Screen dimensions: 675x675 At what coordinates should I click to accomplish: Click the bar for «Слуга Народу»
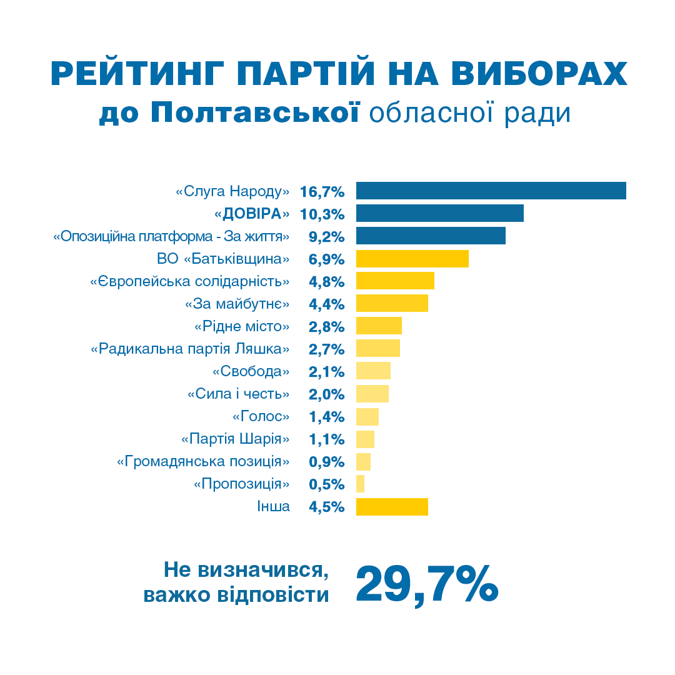(491, 191)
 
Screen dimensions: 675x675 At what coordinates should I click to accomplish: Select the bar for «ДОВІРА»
(439, 213)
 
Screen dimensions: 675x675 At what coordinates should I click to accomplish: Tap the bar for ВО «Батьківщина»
(412, 259)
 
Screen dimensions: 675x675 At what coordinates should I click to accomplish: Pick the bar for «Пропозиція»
(360, 484)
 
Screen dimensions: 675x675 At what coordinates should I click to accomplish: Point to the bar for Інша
(392, 506)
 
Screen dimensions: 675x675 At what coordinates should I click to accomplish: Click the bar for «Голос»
(367, 416)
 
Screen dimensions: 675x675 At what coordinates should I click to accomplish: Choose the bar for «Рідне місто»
(379, 326)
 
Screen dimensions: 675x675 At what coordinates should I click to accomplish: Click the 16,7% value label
(322, 191)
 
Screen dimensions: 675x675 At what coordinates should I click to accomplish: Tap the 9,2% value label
(327, 237)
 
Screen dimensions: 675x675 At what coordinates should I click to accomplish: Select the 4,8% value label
(327, 282)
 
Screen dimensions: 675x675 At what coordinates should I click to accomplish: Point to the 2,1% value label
(327, 372)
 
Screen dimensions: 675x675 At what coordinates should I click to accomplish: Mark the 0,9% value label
(327, 462)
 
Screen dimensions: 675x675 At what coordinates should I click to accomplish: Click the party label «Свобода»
(251, 371)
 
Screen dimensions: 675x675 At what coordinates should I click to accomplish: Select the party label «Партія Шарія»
(236, 439)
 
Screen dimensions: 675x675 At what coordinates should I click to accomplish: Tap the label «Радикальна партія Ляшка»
(191, 349)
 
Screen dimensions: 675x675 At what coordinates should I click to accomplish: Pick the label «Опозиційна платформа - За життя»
(172, 237)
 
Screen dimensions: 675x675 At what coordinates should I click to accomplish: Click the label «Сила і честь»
(239, 394)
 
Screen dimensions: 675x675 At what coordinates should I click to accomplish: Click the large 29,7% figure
(427, 584)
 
